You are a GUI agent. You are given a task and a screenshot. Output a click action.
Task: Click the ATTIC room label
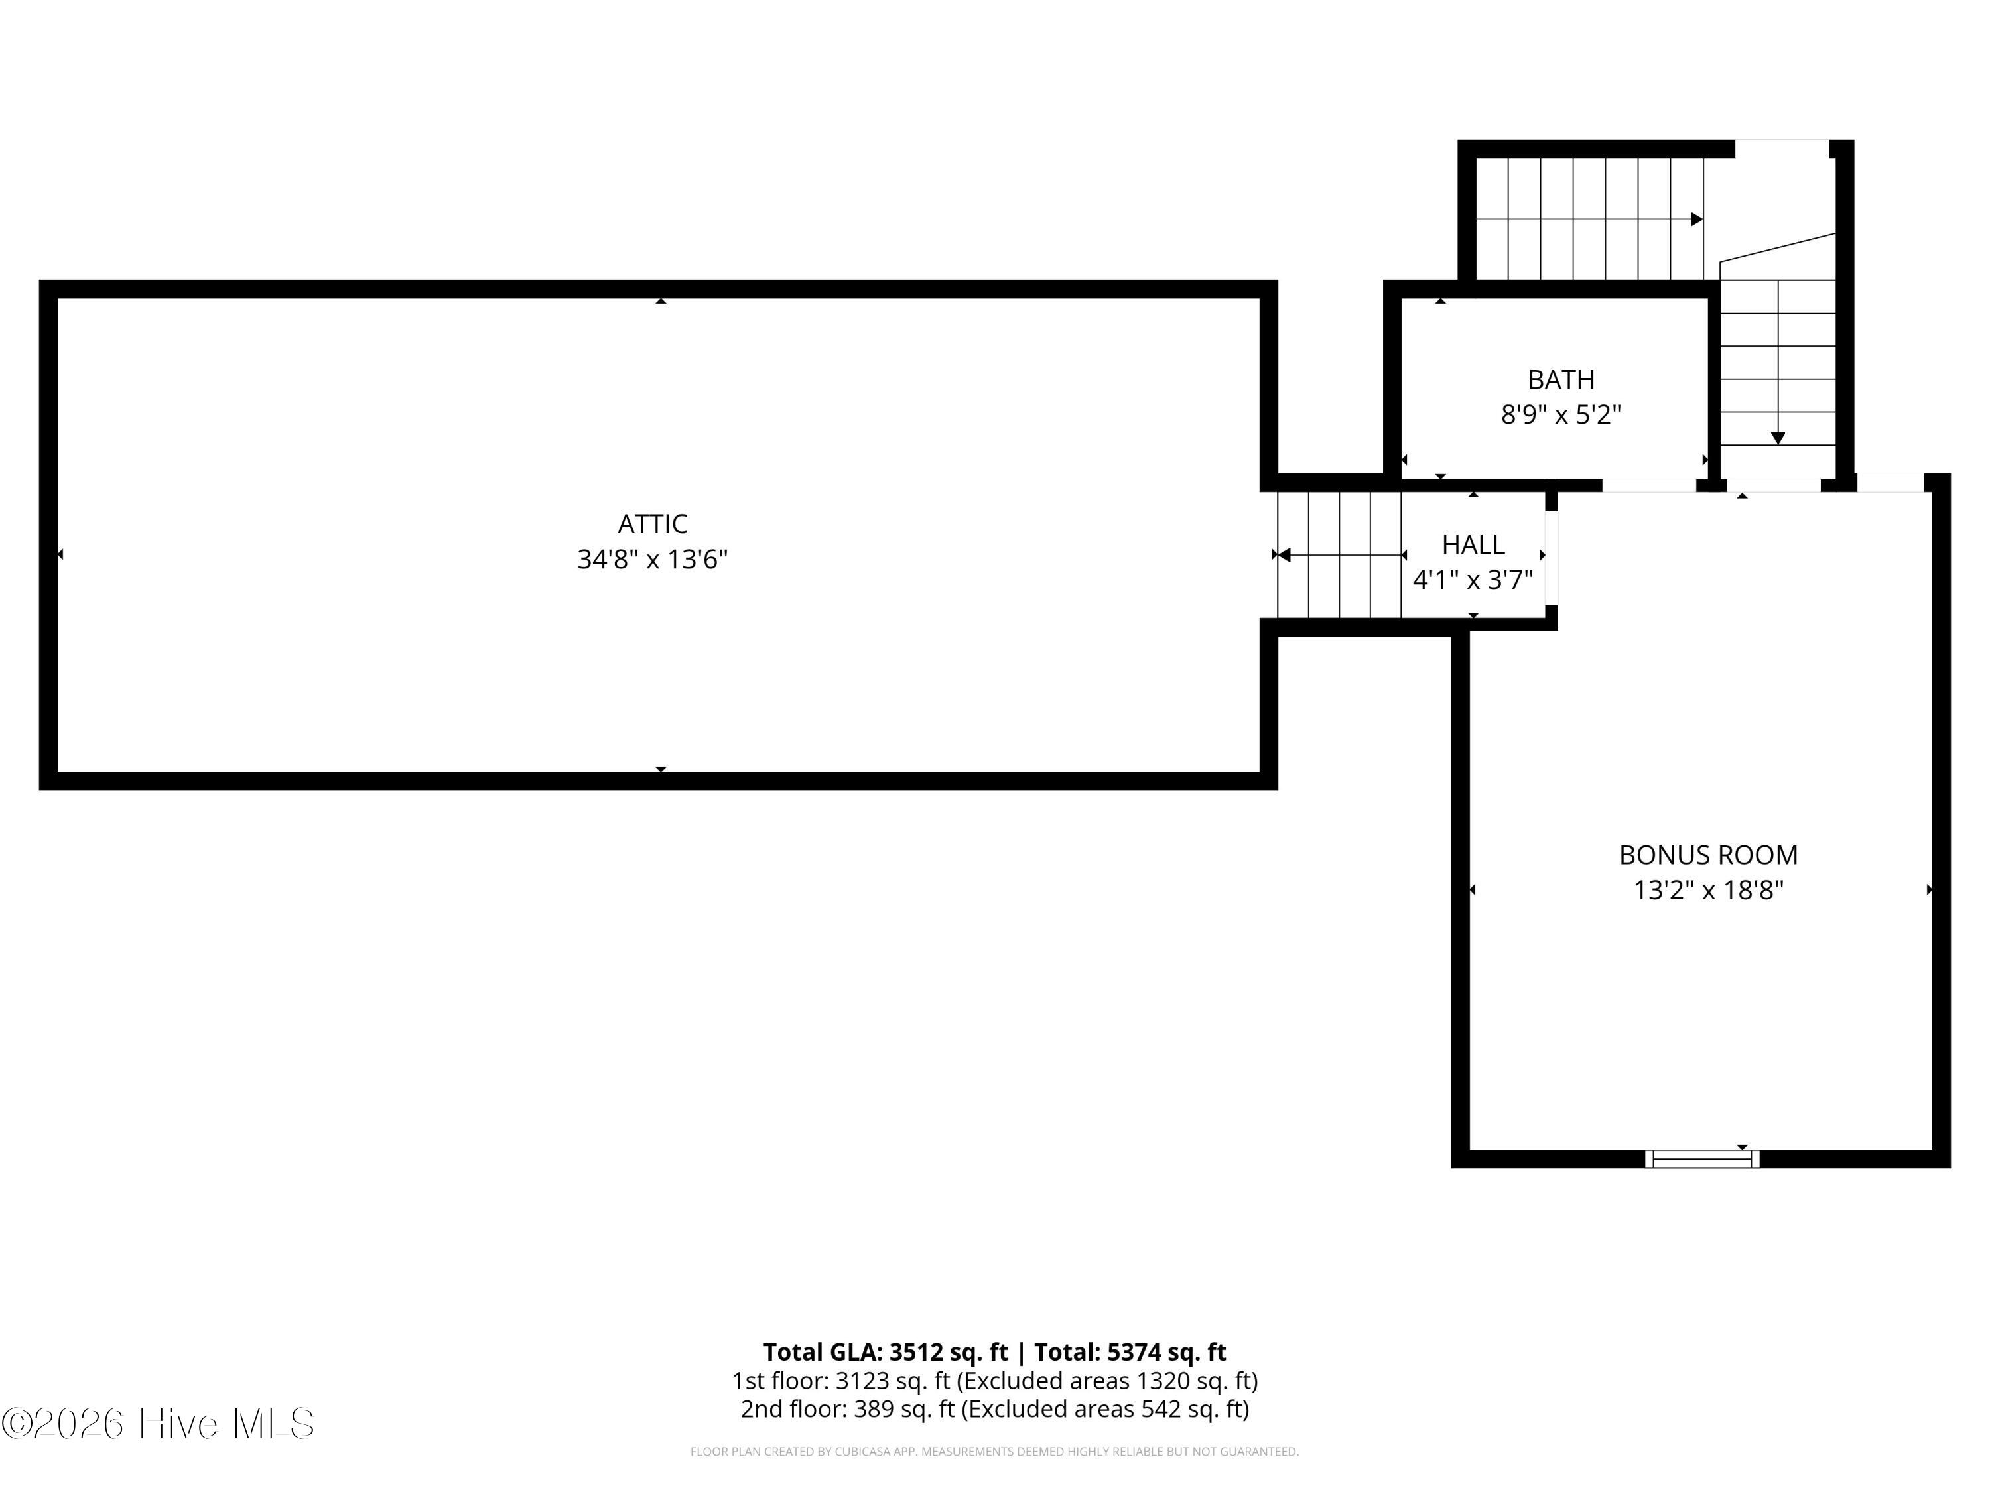652,523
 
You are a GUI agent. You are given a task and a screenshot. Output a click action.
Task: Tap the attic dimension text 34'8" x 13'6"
652,560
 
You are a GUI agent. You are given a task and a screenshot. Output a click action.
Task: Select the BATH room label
1561,379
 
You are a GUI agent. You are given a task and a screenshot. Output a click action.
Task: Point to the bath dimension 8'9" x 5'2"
1561,414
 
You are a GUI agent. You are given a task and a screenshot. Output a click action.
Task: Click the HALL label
1473,545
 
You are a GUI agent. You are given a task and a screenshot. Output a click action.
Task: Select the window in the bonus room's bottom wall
1702,1159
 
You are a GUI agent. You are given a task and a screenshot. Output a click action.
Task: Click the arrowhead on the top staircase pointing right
1697,219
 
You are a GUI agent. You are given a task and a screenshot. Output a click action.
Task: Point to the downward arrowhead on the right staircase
1778,438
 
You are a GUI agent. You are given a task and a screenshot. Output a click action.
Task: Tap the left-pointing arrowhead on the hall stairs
1285,555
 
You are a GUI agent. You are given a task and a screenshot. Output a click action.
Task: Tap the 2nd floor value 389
872,1409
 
